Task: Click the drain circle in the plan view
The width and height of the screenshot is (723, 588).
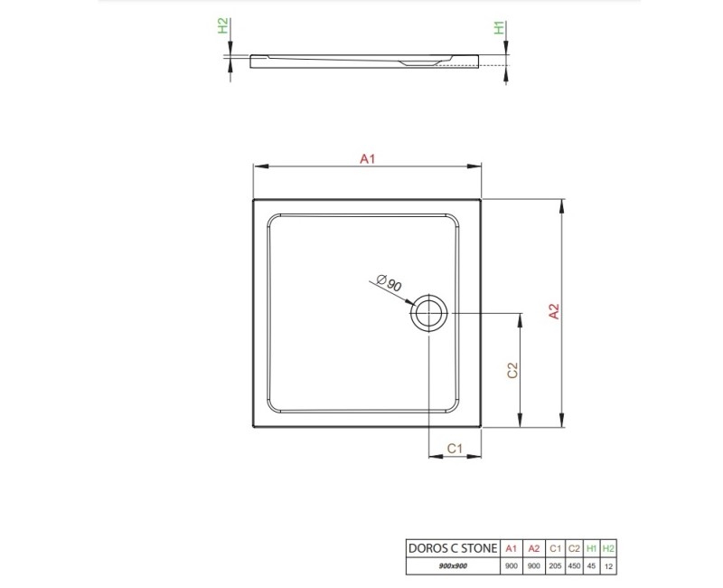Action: pyautogui.click(x=428, y=314)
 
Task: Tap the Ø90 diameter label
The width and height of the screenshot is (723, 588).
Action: pyautogui.click(x=390, y=283)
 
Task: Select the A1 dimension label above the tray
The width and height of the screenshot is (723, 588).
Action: pyautogui.click(x=367, y=158)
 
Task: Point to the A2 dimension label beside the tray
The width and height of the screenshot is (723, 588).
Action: pyautogui.click(x=554, y=310)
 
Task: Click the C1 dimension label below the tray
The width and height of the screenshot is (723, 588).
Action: pyautogui.click(x=455, y=448)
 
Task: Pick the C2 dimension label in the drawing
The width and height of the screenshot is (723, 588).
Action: pyautogui.click(x=512, y=370)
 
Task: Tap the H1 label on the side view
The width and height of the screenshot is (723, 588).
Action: pyautogui.click(x=497, y=28)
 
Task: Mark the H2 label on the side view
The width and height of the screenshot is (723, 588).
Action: pyautogui.click(x=224, y=27)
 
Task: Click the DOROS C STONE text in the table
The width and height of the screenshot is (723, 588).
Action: pyautogui.click(x=451, y=548)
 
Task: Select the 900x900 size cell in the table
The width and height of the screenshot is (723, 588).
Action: pyautogui.click(x=451, y=565)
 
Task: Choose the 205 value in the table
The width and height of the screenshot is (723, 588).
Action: pyautogui.click(x=555, y=565)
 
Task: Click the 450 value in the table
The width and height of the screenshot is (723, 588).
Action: pyautogui.click(x=574, y=565)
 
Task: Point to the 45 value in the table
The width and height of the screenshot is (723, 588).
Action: pyautogui.click(x=592, y=565)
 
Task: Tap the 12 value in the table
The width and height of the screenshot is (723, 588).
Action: pyautogui.click(x=609, y=565)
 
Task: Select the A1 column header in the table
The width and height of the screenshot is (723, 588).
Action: pyautogui.click(x=512, y=548)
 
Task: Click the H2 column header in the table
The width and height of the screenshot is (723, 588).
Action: pyautogui.click(x=609, y=548)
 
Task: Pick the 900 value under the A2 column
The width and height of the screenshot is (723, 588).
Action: pyautogui.click(x=534, y=565)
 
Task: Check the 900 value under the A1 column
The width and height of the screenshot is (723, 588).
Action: pyautogui.click(x=512, y=565)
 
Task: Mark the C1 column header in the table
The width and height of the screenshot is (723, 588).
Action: pyautogui.click(x=555, y=548)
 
